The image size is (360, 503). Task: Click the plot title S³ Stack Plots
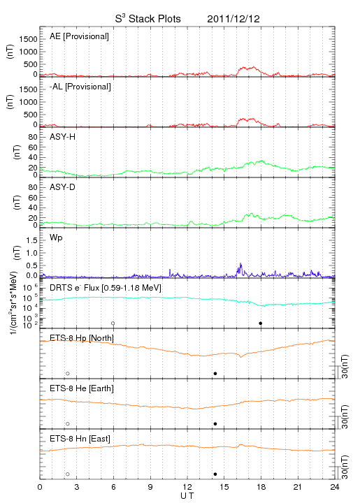pos(148,19)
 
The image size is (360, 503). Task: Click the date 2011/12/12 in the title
pos(233,19)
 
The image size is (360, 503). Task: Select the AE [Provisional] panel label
pos(79,36)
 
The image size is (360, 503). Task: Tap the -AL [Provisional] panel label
pos(80,87)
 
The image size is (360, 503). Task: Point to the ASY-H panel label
pos(63,137)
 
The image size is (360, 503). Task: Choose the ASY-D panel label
pos(63,187)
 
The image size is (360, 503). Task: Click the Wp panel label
pos(56,238)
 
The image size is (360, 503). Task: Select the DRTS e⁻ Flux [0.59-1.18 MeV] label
pos(106,288)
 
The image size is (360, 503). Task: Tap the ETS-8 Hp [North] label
pos(82,338)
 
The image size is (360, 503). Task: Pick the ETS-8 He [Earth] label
pos(82,388)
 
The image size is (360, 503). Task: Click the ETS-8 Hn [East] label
pos(80,439)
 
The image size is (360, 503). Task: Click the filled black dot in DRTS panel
pos(261,323)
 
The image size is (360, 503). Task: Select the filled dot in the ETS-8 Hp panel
pos(215,373)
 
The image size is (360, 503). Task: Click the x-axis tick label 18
pos(261,487)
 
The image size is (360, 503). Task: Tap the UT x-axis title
pos(187,496)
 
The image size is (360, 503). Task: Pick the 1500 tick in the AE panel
pos(28,39)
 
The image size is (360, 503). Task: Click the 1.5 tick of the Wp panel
pos(31,240)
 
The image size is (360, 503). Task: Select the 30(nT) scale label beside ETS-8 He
pos(345,416)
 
